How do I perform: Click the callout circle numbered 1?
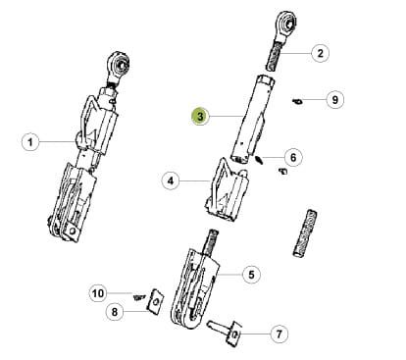pyautogui.click(x=30, y=142)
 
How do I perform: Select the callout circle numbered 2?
pyautogui.click(x=320, y=53)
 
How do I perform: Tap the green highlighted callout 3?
pyautogui.click(x=200, y=116)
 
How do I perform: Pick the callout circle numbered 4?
pyautogui.click(x=171, y=180)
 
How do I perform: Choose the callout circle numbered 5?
pyautogui.click(x=251, y=274)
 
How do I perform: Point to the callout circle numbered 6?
pyautogui.click(x=293, y=157)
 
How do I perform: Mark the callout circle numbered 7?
pyautogui.click(x=279, y=334)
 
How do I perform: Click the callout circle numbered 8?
pyautogui.click(x=115, y=312)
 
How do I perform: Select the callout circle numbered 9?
pyautogui.click(x=335, y=99)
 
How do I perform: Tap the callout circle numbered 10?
pyautogui.click(x=98, y=293)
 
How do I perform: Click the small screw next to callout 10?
pyautogui.click(x=139, y=297)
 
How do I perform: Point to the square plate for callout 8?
pyautogui.click(x=156, y=301)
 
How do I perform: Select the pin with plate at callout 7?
pyautogui.click(x=226, y=331)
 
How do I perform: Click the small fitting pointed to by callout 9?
pyautogui.click(x=297, y=101)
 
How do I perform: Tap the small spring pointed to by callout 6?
pyautogui.click(x=259, y=160)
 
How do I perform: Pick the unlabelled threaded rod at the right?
pyautogui.click(x=305, y=233)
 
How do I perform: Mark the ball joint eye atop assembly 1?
pyautogui.click(x=120, y=64)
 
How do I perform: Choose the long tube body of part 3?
pyautogui.click(x=252, y=119)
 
